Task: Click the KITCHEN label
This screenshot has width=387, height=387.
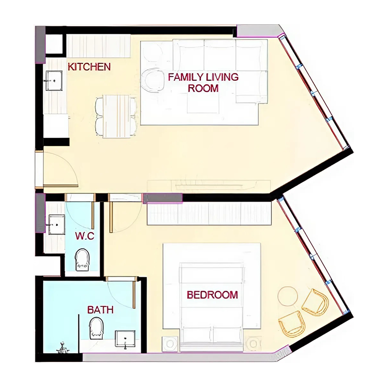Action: click(89, 67)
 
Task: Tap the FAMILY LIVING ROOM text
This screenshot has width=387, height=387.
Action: click(203, 82)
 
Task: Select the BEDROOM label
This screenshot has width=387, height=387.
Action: click(212, 295)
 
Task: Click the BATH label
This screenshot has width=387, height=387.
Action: click(100, 310)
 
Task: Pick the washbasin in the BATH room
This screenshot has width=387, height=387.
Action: click(125, 340)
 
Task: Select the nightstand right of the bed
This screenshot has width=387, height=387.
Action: click(253, 344)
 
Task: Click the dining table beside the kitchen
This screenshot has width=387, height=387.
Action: click(118, 116)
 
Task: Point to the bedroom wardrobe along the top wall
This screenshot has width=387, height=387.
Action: click(208, 213)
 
